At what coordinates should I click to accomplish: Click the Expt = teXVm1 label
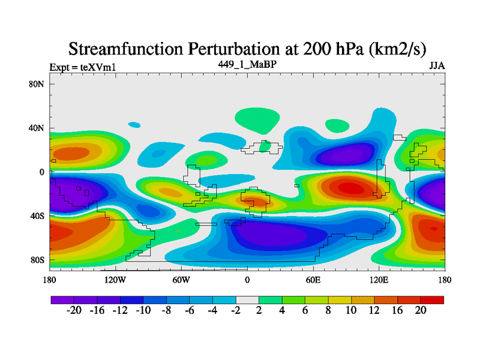click(82, 67)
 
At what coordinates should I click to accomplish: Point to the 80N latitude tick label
click(37, 84)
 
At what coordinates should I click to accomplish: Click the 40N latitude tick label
click(37, 128)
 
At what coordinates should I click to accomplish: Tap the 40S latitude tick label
click(37, 216)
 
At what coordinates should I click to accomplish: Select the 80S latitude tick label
click(37, 260)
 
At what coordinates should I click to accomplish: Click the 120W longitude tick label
click(115, 280)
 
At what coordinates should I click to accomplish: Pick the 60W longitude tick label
click(181, 280)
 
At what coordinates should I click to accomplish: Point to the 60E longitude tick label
click(313, 280)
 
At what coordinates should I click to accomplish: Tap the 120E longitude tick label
click(379, 280)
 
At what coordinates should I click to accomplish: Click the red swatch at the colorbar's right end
click(432, 299)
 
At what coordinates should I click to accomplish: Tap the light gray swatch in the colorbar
click(247, 299)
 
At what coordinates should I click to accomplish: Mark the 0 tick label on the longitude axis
click(247, 280)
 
